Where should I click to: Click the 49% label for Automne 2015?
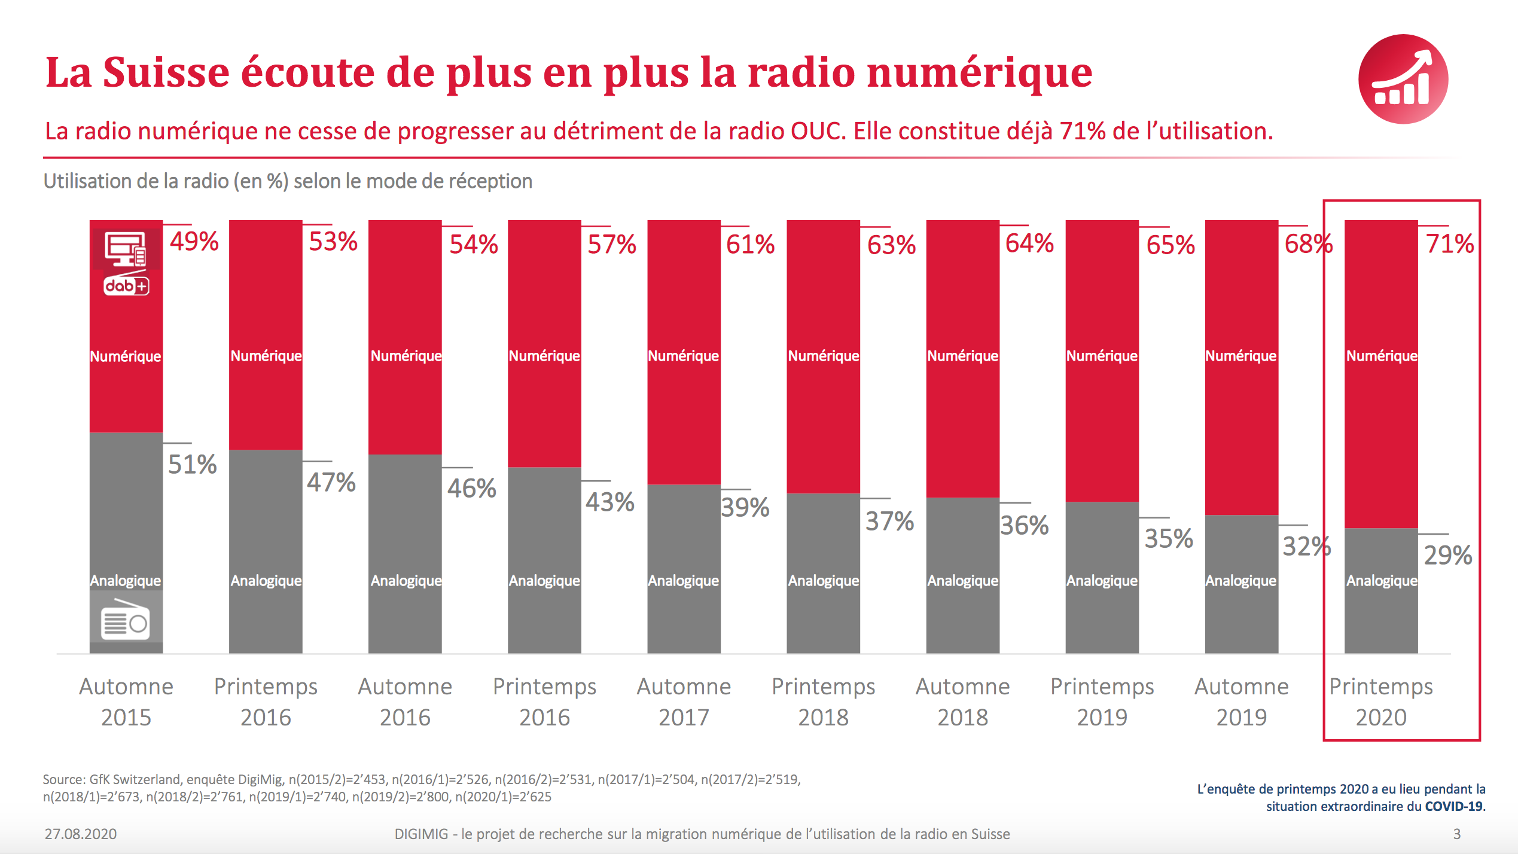click(194, 242)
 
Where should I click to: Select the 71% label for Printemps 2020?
click(1449, 243)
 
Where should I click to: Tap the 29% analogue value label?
click(1447, 555)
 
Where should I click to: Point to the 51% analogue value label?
click(192, 464)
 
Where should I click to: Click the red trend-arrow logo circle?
click(1403, 79)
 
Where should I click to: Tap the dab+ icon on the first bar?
click(126, 286)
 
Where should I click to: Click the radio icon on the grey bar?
click(126, 621)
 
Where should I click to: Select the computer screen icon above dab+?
click(126, 248)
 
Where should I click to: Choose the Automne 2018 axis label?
click(962, 701)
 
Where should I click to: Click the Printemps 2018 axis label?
click(823, 701)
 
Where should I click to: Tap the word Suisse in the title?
click(166, 73)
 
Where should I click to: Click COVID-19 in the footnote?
click(1453, 806)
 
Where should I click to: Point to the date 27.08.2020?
click(80, 834)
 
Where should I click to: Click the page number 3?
click(1457, 834)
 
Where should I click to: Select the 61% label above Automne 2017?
click(750, 244)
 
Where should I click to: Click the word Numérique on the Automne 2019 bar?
click(1241, 356)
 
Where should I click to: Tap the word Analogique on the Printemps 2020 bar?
click(1382, 580)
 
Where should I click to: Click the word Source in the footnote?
click(64, 779)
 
